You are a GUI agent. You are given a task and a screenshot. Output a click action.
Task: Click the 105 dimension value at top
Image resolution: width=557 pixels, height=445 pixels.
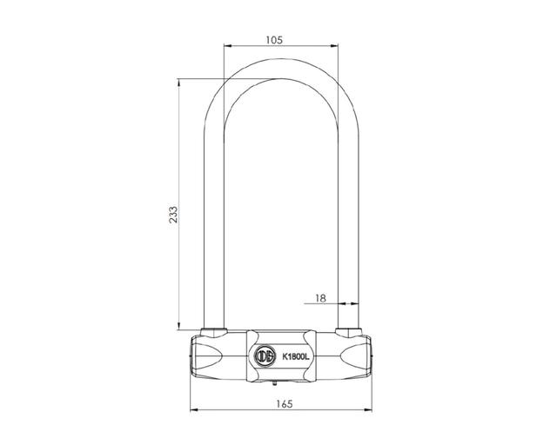pyautogui.click(x=274, y=40)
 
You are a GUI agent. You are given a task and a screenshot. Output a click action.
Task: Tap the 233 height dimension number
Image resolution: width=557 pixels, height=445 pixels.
pyautogui.click(x=173, y=215)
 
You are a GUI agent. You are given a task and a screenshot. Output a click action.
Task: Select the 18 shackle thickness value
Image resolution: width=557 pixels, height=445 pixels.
pyautogui.click(x=320, y=298)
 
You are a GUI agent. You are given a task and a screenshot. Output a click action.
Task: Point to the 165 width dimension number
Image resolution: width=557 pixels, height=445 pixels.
pyautogui.click(x=285, y=404)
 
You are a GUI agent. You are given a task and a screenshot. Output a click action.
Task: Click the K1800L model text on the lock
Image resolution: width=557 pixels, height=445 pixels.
pyautogui.click(x=296, y=357)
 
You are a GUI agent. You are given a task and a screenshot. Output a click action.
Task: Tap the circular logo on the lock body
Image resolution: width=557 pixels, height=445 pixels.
pyautogui.click(x=265, y=356)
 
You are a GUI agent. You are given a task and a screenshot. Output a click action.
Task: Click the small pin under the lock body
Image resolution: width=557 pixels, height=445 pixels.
pyautogui.click(x=274, y=382)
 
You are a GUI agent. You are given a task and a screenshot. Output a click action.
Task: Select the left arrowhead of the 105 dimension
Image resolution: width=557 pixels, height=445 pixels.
pyautogui.click(x=228, y=45)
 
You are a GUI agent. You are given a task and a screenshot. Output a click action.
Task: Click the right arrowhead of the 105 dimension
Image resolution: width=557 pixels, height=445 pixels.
pyautogui.click(x=334, y=45)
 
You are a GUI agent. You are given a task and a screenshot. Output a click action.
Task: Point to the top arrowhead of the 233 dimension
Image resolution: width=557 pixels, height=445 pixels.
pyautogui.click(x=179, y=83)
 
